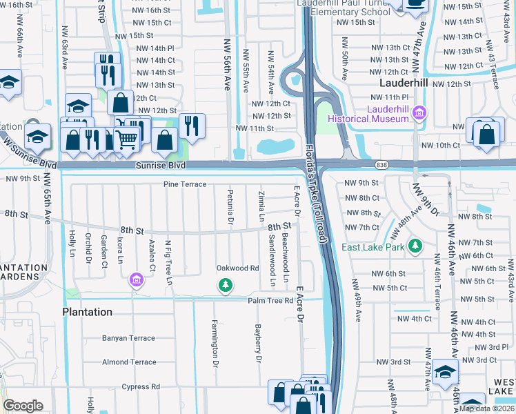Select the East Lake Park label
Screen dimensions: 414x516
(x=371, y=247)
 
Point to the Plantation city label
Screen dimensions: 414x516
(x=87, y=312)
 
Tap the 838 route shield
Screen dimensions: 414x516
(x=381, y=165)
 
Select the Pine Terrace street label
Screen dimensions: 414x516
(x=185, y=184)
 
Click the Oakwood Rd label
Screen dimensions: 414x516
(x=237, y=268)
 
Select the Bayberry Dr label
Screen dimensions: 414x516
(x=258, y=344)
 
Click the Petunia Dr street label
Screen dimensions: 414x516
(x=230, y=208)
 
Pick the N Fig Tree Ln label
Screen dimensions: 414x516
(x=168, y=262)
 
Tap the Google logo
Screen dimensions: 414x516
(x=23, y=406)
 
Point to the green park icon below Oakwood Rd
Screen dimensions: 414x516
(x=224, y=284)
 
